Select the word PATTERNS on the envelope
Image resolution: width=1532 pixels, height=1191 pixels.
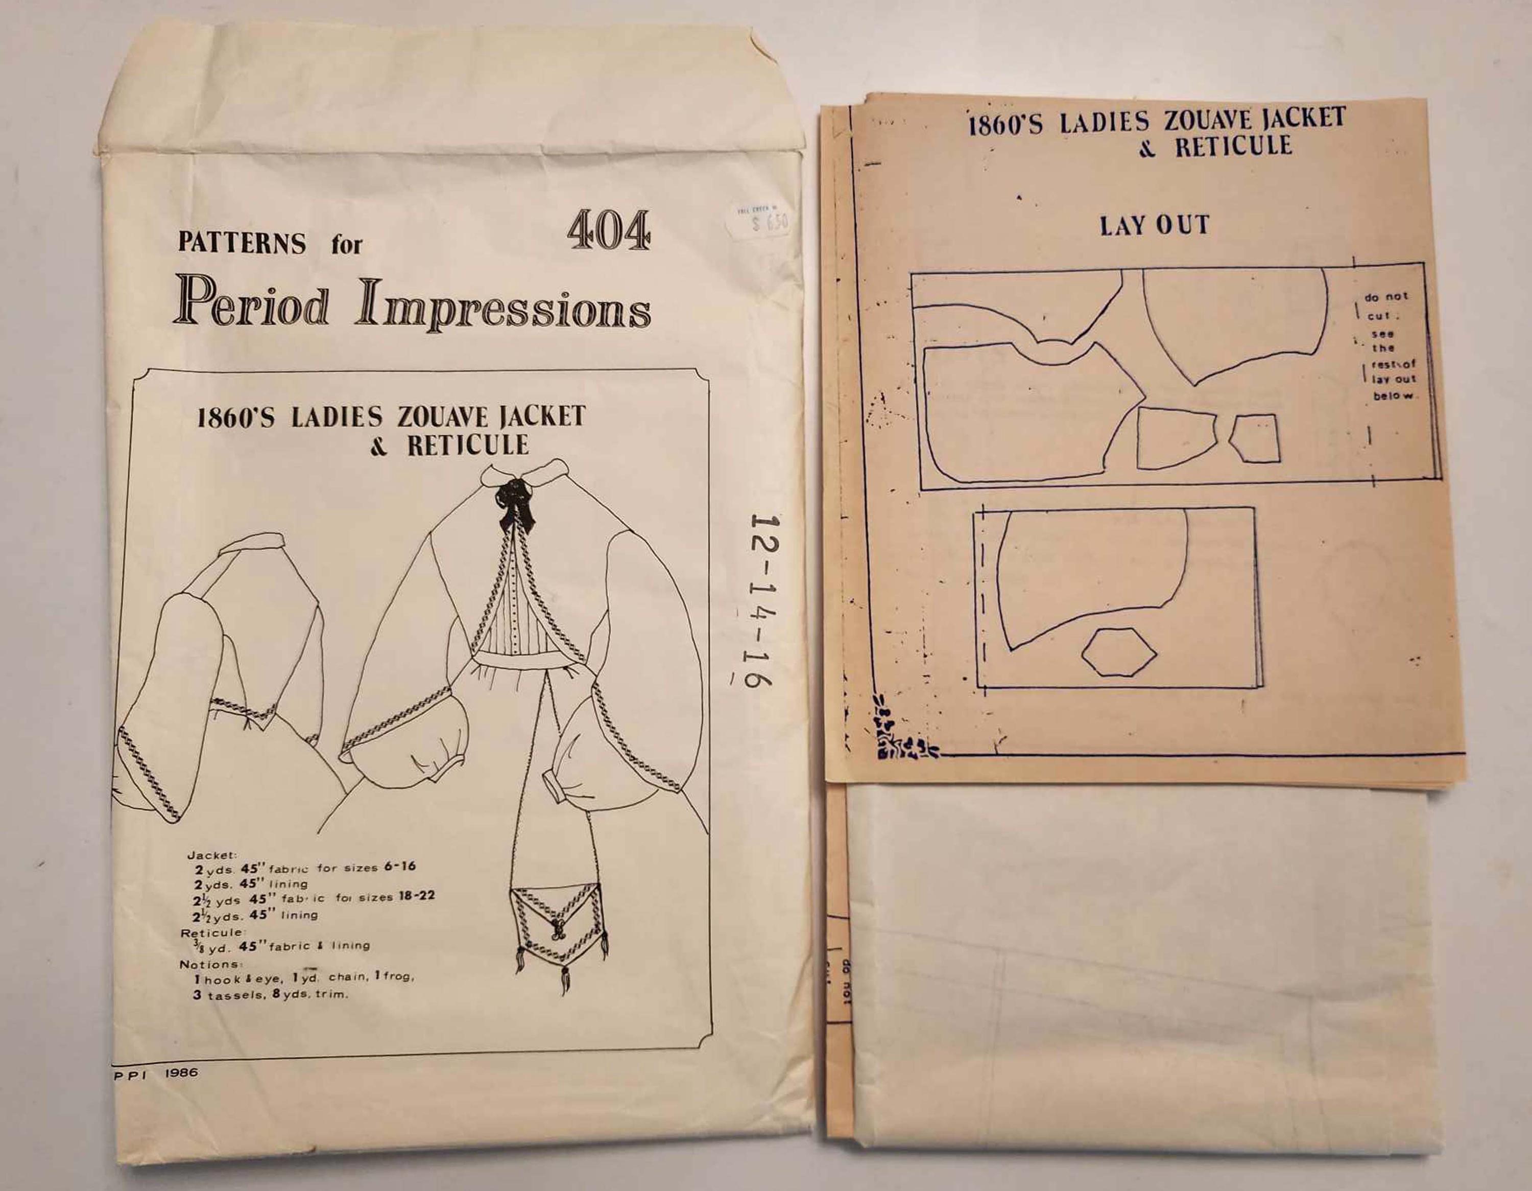click(x=242, y=243)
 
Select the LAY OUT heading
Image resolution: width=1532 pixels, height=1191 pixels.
click(x=1155, y=226)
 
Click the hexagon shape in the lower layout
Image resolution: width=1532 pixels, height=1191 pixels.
click(x=1119, y=652)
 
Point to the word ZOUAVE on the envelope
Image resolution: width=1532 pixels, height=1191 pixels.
click(x=443, y=417)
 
